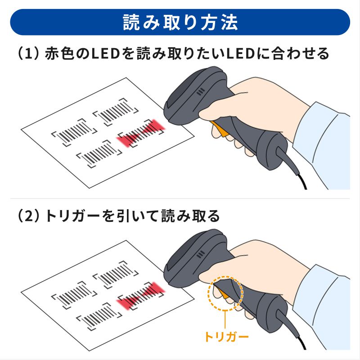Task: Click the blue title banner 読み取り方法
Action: click(180, 22)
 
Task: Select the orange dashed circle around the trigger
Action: click(225, 293)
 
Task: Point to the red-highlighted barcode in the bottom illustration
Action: click(140, 295)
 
